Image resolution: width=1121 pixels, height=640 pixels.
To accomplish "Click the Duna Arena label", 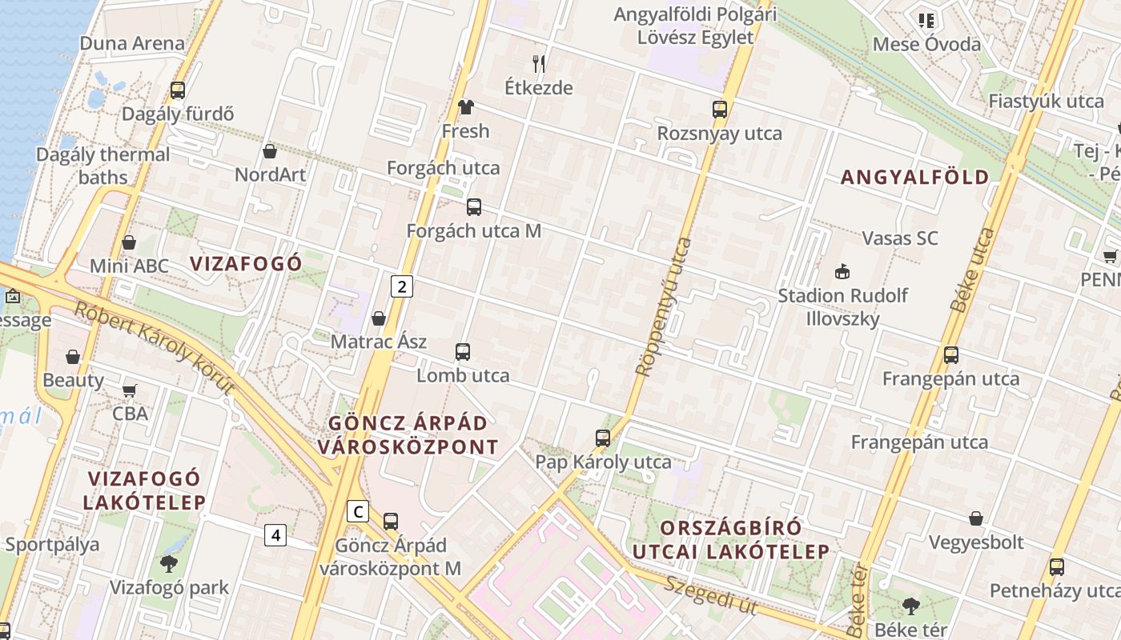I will pos(132,43).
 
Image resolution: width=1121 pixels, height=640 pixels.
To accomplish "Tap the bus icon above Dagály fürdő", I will pos(178,90).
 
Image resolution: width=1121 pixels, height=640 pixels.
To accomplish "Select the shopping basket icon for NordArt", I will pos(270,151).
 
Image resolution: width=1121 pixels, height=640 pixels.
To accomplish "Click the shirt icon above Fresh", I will pos(466,107).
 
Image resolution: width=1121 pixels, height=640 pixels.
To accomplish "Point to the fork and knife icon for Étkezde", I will pos(539,63).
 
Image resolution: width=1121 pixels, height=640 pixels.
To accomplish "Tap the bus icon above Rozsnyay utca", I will pos(720,110).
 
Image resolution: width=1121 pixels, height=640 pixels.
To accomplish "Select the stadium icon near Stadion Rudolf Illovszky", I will pos(842,272).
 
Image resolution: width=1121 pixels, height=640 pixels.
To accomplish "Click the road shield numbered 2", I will pos(402,286).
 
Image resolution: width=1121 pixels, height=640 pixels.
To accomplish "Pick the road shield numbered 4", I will pos(275,534).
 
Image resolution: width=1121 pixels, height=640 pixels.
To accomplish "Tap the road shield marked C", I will pos(358,511).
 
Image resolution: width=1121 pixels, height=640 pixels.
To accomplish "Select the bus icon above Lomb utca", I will pos(463,352).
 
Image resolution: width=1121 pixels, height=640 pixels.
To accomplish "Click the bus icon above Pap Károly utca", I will pos(603,438).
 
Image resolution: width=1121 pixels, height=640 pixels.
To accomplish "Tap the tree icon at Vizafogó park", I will pos(169,564).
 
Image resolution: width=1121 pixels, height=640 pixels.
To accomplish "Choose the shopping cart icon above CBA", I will pos(130,391).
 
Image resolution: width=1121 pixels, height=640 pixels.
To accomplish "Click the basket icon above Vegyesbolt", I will pos(976,519).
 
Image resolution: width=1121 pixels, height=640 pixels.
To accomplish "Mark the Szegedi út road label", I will pos(710,594).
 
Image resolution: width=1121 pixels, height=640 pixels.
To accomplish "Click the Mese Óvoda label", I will pos(926,44).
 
